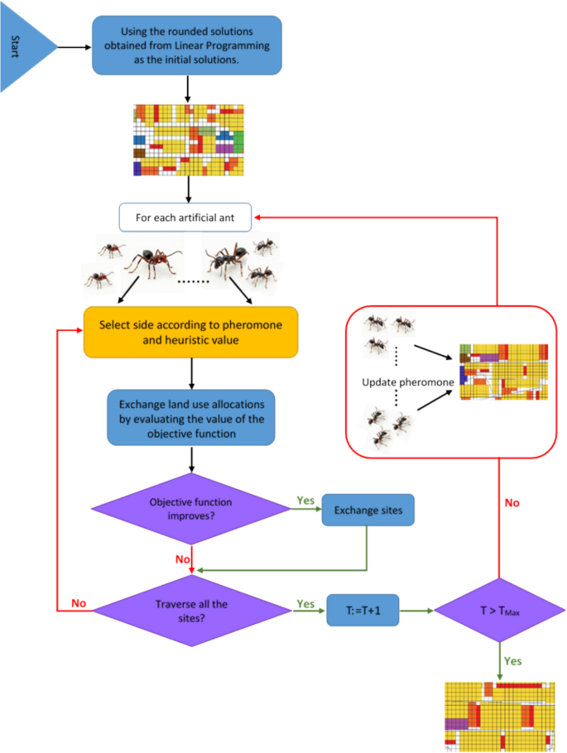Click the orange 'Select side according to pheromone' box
tap(190, 332)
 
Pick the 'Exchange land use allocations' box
tap(191, 417)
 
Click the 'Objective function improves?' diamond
tap(191, 509)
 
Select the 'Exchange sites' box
tap(368, 511)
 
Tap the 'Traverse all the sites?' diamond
tap(191, 611)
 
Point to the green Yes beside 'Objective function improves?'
tap(305, 501)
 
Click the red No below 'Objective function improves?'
tap(184, 559)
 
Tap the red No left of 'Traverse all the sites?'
tap(78, 603)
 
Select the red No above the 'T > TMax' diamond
tap(512, 502)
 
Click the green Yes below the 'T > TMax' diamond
tap(512, 662)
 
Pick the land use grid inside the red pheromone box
tap(503, 371)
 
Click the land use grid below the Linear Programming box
tap(190, 140)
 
